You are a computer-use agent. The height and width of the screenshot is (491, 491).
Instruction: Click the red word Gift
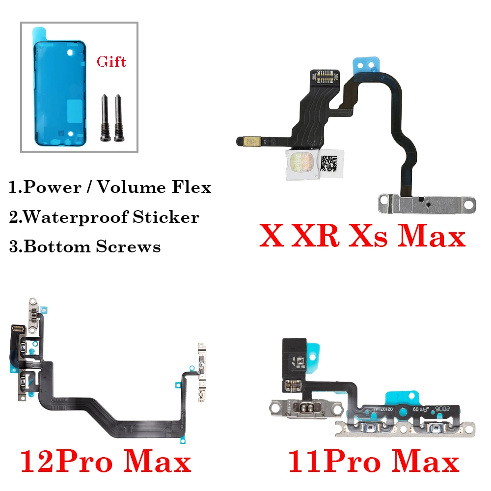111,61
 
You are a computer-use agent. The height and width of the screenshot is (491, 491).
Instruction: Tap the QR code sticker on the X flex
332,163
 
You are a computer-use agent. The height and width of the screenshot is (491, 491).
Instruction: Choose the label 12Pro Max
105,462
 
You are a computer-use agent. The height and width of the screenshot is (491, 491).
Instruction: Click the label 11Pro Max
373,462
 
